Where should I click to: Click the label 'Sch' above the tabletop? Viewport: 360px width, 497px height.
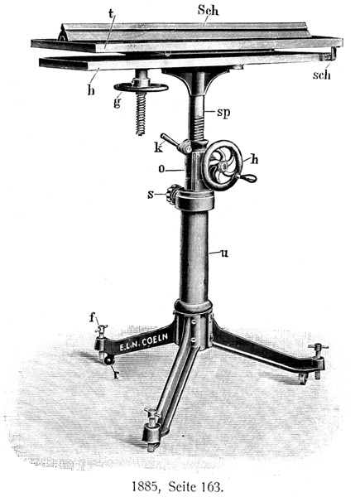[x=208, y=11]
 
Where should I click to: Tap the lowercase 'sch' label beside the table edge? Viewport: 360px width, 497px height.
[x=322, y=75]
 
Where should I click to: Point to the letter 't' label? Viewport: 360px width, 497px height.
[x=111, y=13]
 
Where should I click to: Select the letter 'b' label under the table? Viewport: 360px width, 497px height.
[x=91, y=89]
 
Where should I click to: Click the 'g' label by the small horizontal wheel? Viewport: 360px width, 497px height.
[x=118, y=102]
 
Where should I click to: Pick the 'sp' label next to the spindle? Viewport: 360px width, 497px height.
[x=223, y=113]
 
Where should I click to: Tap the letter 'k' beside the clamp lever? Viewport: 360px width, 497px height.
[x=159, y=147]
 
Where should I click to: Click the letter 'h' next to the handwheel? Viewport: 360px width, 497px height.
[x=254, y=159]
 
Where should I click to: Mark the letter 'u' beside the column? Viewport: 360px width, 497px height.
[x=224, y=253]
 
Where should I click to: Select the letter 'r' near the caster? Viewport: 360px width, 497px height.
[x=117, y=375]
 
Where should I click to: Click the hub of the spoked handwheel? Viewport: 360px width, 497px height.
[x=224, y=166]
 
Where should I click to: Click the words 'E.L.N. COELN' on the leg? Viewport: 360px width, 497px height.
[x=143, y=342]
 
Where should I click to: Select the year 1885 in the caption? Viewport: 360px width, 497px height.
[x=144, y=486]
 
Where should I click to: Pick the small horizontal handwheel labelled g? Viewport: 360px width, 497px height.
[x=141, y=87]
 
